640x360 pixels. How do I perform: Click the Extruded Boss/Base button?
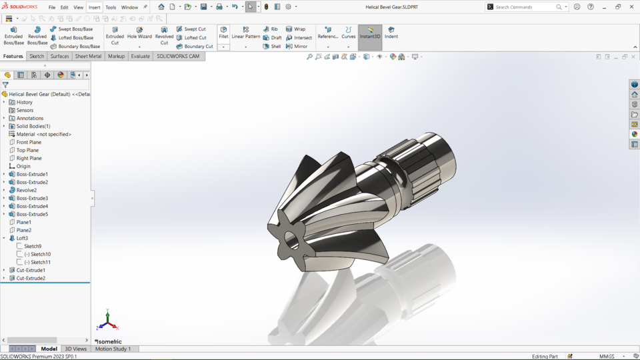pos(13,36)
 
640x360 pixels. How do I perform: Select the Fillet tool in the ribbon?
pos(223,33)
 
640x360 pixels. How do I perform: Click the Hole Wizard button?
pos(139,33)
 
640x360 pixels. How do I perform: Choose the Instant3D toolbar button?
pos(370,33)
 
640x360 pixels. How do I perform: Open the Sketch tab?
pos(37,57)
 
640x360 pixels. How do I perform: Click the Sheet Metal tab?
pos(88,57)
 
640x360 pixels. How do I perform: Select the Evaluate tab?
pos(140,57)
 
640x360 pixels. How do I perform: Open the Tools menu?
pos(111,7)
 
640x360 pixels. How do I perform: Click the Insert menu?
pos(94,7)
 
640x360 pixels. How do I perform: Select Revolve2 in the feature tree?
pos(26,190)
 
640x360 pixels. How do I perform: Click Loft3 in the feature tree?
pos(22,238)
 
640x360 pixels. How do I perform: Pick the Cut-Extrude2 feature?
pos(31,278)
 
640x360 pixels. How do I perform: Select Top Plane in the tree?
pos(29,150)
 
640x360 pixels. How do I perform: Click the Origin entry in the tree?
pos(23,166)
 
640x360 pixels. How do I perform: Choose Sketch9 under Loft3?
pos(33,246)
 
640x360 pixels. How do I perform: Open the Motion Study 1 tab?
pos(113,349)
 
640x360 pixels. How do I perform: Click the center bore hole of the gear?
pos(291,239)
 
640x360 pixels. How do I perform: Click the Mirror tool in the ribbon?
pos(297,47)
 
